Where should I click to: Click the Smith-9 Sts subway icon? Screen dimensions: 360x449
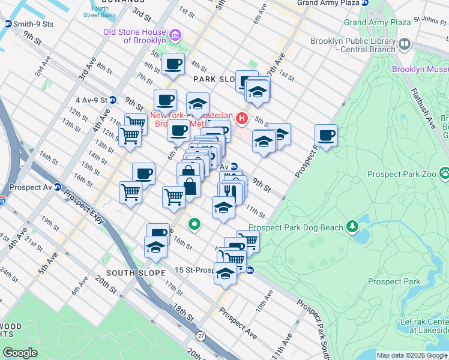pos(8,24)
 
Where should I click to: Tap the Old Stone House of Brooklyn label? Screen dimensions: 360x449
pos(134,35)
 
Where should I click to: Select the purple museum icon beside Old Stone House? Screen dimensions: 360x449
pos(175,35)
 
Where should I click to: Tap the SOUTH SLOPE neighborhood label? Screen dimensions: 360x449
pos(136,273)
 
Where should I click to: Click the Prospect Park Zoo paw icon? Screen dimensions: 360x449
pos(444,173)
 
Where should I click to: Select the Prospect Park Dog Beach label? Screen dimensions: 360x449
pos(296,227)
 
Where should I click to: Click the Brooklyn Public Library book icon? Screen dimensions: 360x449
pos(405,44)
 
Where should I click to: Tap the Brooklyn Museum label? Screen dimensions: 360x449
pos(420,70)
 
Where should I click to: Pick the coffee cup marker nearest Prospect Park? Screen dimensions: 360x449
pos(326,136)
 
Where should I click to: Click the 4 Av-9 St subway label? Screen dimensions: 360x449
pos(91,100)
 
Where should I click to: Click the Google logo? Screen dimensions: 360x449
pos(20,353)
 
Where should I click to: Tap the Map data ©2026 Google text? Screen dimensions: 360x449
pos(411,355)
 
